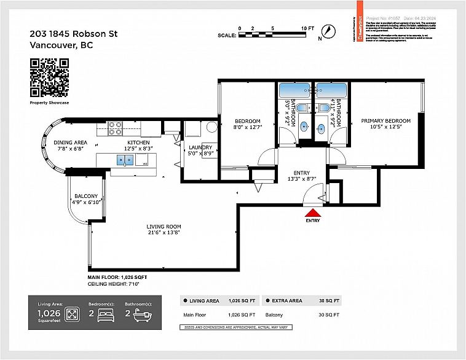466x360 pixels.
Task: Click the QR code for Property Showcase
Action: click(x=49, y=77)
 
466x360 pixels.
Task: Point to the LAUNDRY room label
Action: click(x=200, y=147)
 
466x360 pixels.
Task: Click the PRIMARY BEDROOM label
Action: click(x=385, y=121)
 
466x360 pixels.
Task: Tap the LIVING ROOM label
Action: click(x=164, y=227)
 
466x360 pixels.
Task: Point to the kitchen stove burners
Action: click(x=116, y=128)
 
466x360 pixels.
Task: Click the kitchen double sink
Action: click(x=125, y=160)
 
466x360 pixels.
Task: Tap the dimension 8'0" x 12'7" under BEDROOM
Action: click(x=248, y=127)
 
